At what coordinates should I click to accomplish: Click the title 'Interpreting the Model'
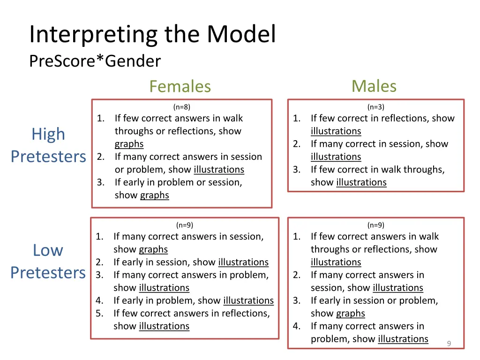coord(152,34)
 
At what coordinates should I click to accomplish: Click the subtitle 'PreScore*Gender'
coord(95,61)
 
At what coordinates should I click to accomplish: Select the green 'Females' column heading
coord(180,86)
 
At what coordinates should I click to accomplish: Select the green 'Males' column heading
coord(374,86)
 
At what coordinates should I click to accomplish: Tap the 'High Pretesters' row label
coord(48,145)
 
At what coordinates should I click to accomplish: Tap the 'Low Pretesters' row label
coord(48,261)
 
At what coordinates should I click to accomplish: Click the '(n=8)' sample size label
coord(181,107)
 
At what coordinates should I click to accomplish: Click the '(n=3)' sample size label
coord(375,107)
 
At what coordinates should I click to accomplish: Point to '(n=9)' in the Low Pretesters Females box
coord(184,225)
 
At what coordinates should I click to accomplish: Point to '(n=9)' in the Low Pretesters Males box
coord(375,225)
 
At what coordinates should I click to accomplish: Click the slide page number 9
coord(449,344)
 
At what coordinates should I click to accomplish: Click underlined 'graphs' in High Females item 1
coord(129,144)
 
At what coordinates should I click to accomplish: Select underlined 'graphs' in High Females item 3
coord(155,195)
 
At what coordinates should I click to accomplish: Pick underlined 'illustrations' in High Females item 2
coord(219,169)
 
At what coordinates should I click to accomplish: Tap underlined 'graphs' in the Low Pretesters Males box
coord(350,313)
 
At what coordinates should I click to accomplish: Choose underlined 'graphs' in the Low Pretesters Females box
coord(153,249)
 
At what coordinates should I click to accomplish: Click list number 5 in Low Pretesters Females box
coord(99,313)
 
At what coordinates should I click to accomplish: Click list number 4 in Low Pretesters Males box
coord(296,326)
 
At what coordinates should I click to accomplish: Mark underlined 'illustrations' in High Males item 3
coord(361,182)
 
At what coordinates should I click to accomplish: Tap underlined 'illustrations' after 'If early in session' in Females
coord(243,262)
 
